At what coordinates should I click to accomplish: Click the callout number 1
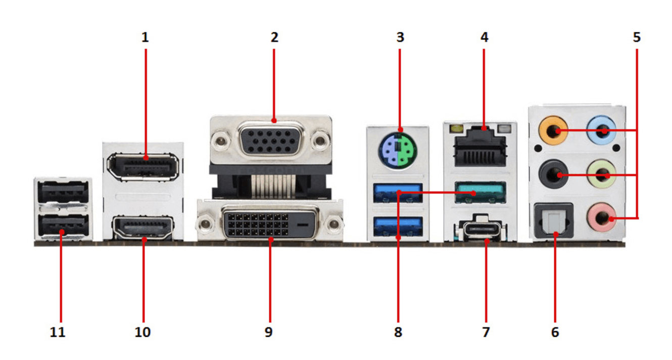coord(146,37)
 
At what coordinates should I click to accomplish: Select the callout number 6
coord(555,332)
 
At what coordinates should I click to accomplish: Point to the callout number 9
coord(268,332)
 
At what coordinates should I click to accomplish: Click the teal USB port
coord(480,192)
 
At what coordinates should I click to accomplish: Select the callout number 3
coord(400,37)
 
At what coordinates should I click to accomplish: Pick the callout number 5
coord(636,37)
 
